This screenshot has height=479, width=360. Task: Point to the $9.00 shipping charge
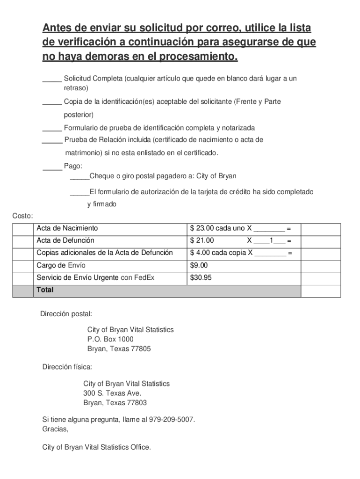coord(199,266)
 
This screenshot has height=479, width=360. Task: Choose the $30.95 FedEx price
coord(201,278)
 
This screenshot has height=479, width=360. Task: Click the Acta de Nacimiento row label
coord(67,228)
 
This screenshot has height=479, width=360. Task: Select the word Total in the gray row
coord(45,290)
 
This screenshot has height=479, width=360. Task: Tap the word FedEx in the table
coord(144,278)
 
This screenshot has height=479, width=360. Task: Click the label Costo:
coord(22,216)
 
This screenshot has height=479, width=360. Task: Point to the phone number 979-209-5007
coord(171,420)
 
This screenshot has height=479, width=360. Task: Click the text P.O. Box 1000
coord(110,339)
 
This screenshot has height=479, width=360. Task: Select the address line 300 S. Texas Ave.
coord(112,393)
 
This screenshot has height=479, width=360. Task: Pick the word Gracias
coord(55,429)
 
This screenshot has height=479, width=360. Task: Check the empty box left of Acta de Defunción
coord(23,241)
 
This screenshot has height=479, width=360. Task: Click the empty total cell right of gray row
coord(320,290)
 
